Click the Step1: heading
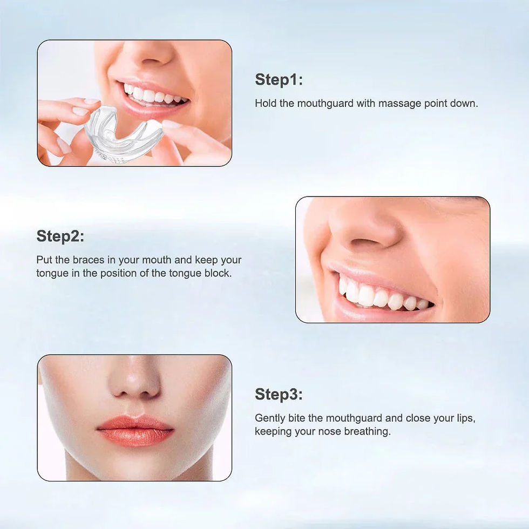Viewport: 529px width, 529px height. [279, 80]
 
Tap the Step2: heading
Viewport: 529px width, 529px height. [60, 236]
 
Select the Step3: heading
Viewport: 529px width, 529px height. [279, 395]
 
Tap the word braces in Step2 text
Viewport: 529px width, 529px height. [88, 260]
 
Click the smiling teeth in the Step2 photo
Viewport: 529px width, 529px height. [378, 296]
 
